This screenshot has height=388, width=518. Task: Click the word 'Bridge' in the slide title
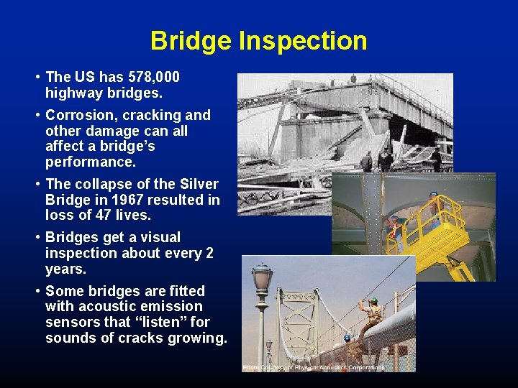coord(191,41)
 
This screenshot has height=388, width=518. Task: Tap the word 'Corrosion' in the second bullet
coord(79,116)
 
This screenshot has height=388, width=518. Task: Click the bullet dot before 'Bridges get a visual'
coord(37,238)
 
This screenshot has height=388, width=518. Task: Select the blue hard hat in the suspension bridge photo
coord(347,336)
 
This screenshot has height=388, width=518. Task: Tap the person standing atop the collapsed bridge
coord(353,78)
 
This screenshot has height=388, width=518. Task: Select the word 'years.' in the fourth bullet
coord(65,269)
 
